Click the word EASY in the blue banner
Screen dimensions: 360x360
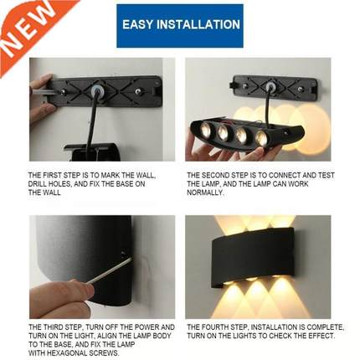pyautogui.click(x=137, y=25)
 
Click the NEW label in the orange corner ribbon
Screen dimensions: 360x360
pyautogui.click(x=25, y=27)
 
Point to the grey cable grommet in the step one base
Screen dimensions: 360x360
pyautogui.click(x=98, y=90)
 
